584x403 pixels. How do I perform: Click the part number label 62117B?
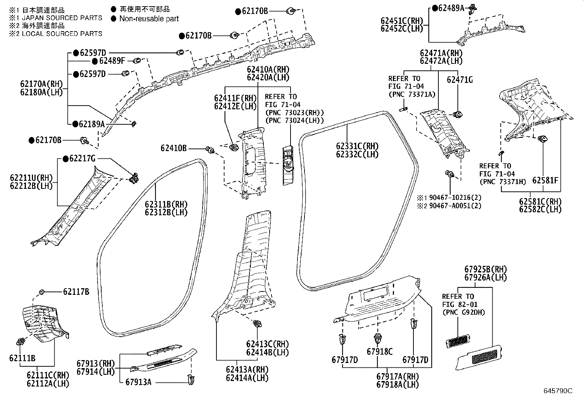pos(76,292)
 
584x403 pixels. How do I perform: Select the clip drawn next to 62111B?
pos(21,342)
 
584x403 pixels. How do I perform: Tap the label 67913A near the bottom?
pos(138,382)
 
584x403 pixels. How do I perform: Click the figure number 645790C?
pos(558,391)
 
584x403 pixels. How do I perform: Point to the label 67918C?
pos(380,352)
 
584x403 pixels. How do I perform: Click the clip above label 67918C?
pos(377,337)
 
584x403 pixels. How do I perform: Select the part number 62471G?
pos(460,80)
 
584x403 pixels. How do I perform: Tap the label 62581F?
pos(545,180)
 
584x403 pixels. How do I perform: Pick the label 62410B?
pos(174,148)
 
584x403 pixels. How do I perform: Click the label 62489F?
pos(112,61)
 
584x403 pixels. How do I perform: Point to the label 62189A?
pos(92,124)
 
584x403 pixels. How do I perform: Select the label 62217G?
pos(82,158)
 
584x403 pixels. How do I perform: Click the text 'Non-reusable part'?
pos(149,18)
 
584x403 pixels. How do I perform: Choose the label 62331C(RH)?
pos(357,146)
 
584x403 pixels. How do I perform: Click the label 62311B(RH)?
pos(166,204)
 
